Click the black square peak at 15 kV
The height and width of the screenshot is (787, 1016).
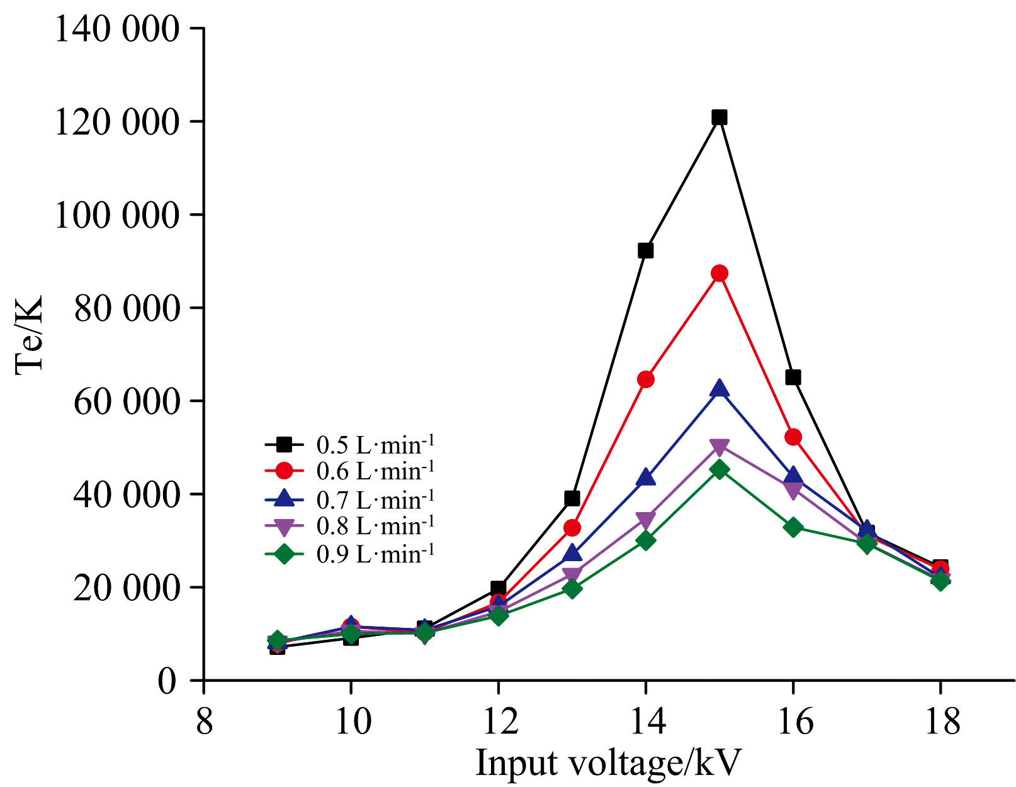coord(720,117)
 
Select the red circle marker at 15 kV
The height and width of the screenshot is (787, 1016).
coord(720,273)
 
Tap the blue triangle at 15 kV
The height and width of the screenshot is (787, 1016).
coord(720,389)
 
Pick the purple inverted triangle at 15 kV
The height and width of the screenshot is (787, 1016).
coord(720,447)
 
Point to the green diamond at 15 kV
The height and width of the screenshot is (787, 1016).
coord(720,469)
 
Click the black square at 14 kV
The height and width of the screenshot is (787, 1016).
coord(645,250)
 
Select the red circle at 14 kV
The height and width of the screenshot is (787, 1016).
coord(645,379)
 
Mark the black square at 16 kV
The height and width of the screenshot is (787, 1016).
coord(793,377)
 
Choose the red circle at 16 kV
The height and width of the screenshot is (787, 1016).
coord(793,437)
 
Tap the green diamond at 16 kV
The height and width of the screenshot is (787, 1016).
coord(793,527)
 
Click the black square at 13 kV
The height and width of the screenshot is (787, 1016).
coord(572,498)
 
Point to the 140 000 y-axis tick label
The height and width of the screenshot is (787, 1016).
coord(117,29)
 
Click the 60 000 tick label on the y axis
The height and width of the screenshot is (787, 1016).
coord(126,401)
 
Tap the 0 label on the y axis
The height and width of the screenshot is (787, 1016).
coord(166,681)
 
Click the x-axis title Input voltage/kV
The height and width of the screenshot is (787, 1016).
coord(608,763)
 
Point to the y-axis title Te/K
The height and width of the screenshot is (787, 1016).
coord(29,335)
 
